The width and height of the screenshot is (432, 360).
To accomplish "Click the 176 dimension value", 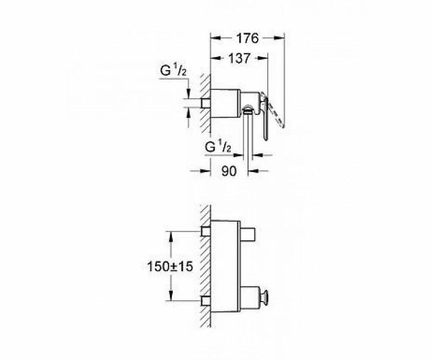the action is (x=248, y=38).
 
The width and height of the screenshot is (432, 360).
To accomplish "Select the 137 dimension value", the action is (x=239, y=58).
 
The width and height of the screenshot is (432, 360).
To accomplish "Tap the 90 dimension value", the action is (x=229, y=171).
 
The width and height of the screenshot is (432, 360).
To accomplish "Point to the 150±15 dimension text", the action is (x=170, y=266).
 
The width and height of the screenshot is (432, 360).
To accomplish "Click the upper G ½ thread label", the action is (x=173, y=71).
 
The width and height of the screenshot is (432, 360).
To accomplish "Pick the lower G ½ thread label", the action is (x=218, y=147).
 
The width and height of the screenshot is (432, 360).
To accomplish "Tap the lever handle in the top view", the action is (x=264, y=116).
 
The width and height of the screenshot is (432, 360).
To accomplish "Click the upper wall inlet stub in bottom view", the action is (x=206, y=232).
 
